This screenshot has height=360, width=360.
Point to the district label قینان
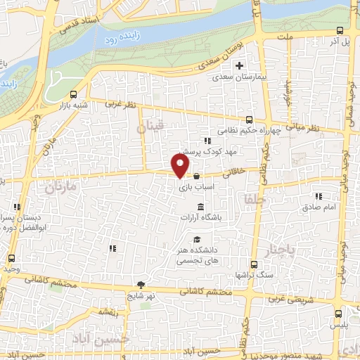[x=149, y=128]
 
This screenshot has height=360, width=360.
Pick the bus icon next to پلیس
[x=340, y=314]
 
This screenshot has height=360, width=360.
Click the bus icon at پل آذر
[x=340, y=31]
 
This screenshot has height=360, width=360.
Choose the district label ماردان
[x=59, y=188]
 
